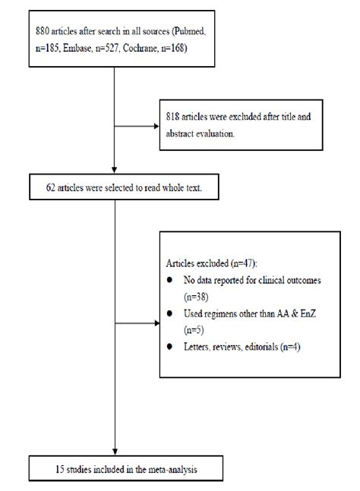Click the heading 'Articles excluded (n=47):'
pyautogui.click(x=211, y=263)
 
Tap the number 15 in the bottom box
pyautogui.click(x=39, y=466)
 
